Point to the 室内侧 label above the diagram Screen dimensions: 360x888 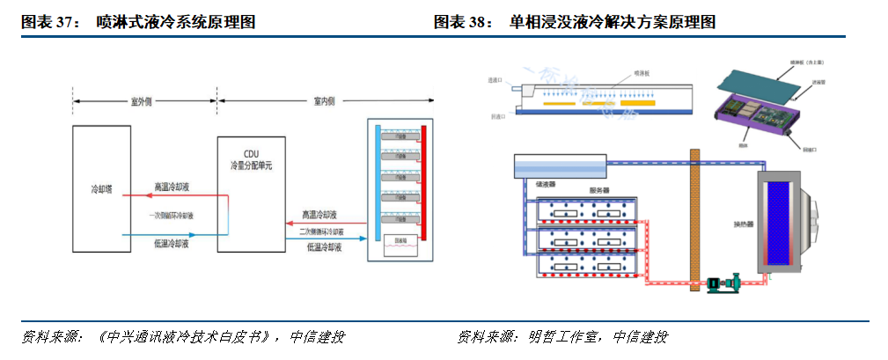coord(325,101)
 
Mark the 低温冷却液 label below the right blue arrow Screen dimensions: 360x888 coord(324,248)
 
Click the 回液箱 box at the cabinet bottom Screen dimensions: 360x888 coord(400,239)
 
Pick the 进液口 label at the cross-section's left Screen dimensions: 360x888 coord(495,80)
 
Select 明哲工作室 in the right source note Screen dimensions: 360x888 coord(563,337)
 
